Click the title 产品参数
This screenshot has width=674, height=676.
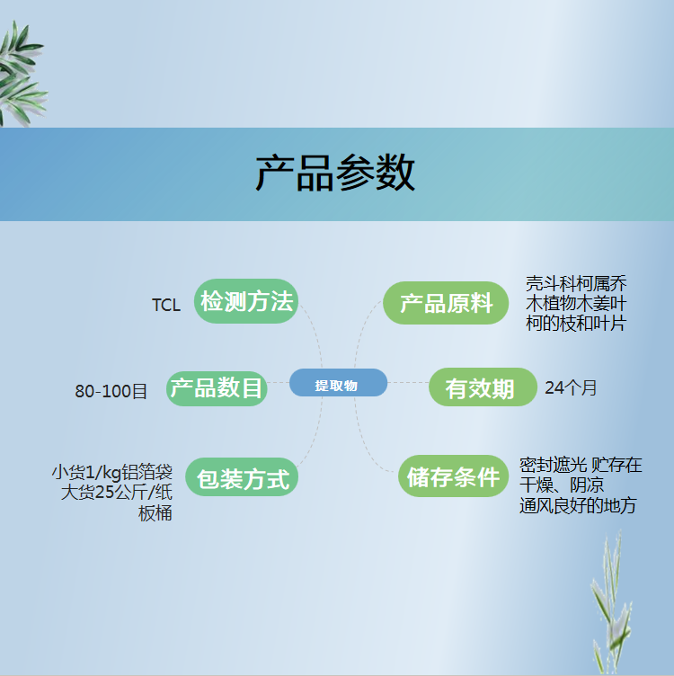coord(335,173)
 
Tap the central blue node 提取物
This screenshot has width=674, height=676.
coord(338,383)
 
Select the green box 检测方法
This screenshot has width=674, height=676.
coord(246,301)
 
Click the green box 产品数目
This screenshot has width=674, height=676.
coord(217,388)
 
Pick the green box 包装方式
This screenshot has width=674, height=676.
coord(242,476)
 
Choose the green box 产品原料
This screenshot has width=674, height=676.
coord(446,303)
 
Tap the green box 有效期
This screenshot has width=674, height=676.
coord(483,387)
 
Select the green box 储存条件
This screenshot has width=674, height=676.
coord(453,476)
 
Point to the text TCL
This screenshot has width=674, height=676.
coord(166,306)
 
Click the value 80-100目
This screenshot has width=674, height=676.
coord(111,391)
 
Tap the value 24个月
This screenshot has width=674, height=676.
coord(571,387)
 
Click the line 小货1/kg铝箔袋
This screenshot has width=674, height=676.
coord(112,473)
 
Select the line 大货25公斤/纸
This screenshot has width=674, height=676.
coord(116,493)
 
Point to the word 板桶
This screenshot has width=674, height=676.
coord(155,513)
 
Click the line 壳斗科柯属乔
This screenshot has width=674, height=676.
coord(576,284)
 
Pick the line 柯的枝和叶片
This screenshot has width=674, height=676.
coord(576,324)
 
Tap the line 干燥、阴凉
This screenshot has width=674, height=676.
coord(562,485)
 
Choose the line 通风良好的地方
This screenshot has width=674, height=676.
coord(578,505)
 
